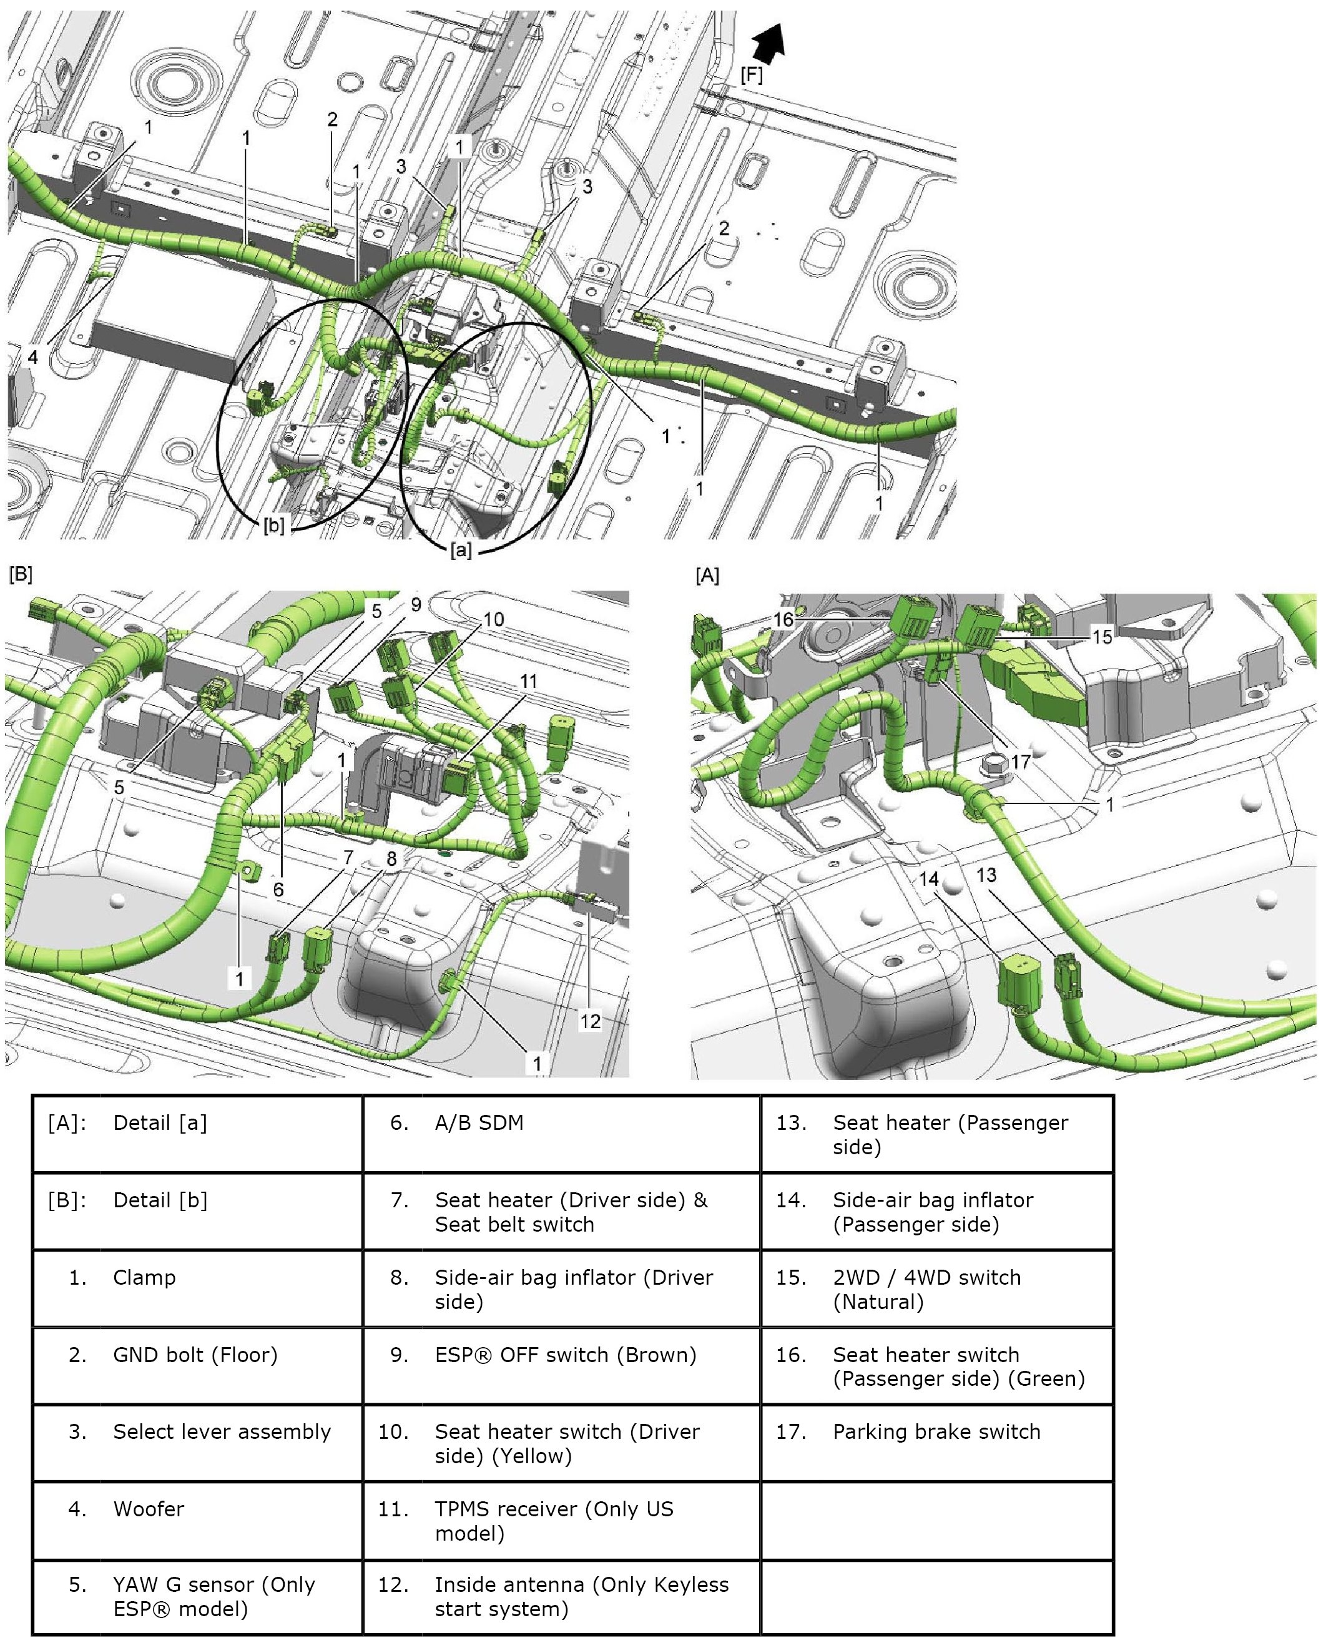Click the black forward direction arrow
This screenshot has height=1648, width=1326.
pyautogui.click(x=769, y=43)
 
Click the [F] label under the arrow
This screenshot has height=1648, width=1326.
pyautogui.click(x=751, y=75)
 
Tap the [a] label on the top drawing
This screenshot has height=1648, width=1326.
pyautogui.click(x=460, y=549)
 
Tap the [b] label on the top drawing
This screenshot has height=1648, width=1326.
pyautogui.click(x=273, y=526)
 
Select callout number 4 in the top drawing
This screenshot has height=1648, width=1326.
pyautogui.click(x=33, y=356)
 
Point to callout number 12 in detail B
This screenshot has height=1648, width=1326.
pyautogui.click(x=590, y=1021)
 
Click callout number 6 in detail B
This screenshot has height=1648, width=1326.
pyautogui.click(x=278, y=889)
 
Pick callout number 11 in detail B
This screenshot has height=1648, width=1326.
pyautogui.click(x=529, y=680)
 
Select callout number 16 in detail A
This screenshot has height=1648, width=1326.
pyautogui.click(x=783, y=619)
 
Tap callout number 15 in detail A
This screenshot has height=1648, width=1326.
pyautogui.click(x=1101, y=636)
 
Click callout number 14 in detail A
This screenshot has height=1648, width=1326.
pyautogui.click(x=928, y=878)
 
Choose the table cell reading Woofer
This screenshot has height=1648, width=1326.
pyautogui.click(x=149, y=1509)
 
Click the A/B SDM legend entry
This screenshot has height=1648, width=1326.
pyautogui.click(x=479, y=1123)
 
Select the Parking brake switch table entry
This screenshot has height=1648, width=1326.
pyautogui.click(x=936, y=1431)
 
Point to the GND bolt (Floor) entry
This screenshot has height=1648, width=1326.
pyautogui.click(x=195, y=1355)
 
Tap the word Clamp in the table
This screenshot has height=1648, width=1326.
pyautogui.click(x=144, y=1277)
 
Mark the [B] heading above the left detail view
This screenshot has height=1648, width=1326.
pyautogui.click(x=21, y=574)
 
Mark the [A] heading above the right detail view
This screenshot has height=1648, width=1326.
pyautogui.click(x=707, y=575)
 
